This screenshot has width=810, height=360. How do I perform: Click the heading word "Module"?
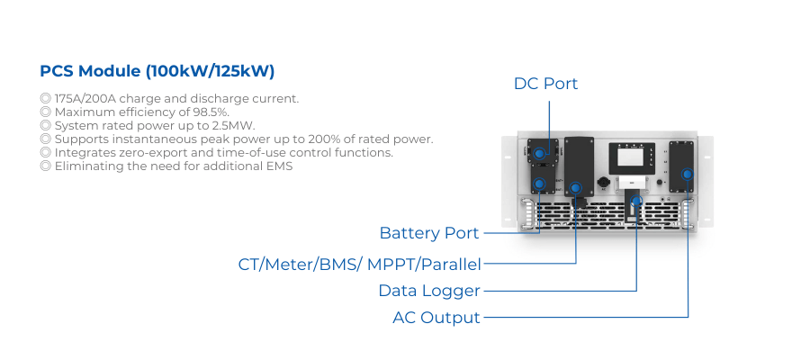[110, 71]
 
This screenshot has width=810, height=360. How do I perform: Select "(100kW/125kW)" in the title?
[210, 72]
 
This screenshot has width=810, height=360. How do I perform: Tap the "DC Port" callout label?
[545, 84]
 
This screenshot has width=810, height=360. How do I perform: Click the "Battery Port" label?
[429, 233]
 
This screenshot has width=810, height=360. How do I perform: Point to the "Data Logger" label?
[429, 291]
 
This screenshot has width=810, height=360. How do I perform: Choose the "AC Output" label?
[436, 317]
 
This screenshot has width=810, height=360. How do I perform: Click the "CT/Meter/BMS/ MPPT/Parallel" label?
[359, 265]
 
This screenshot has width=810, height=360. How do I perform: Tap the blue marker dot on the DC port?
[539, 153]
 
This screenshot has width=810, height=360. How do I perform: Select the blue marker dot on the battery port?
[539, 184]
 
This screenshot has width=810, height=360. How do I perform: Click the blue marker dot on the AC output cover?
[687, 174]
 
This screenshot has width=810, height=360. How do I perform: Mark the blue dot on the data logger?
[636, 201]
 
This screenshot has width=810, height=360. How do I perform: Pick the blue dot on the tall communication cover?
[575, 188]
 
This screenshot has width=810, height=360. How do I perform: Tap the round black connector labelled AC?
[603, 183]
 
